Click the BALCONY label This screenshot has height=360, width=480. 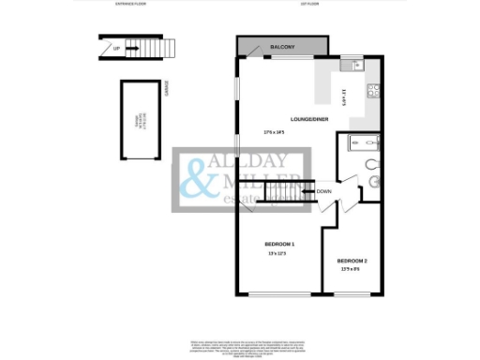[283, 47]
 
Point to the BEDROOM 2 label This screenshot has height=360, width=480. [352, 260]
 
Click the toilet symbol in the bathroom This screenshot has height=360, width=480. [373, 181]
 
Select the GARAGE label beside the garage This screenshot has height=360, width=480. [165, 88]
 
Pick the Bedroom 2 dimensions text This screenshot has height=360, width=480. [352, 269]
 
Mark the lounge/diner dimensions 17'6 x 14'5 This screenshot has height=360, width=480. [274, 132]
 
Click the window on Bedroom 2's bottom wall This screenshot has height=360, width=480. [352, 295]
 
